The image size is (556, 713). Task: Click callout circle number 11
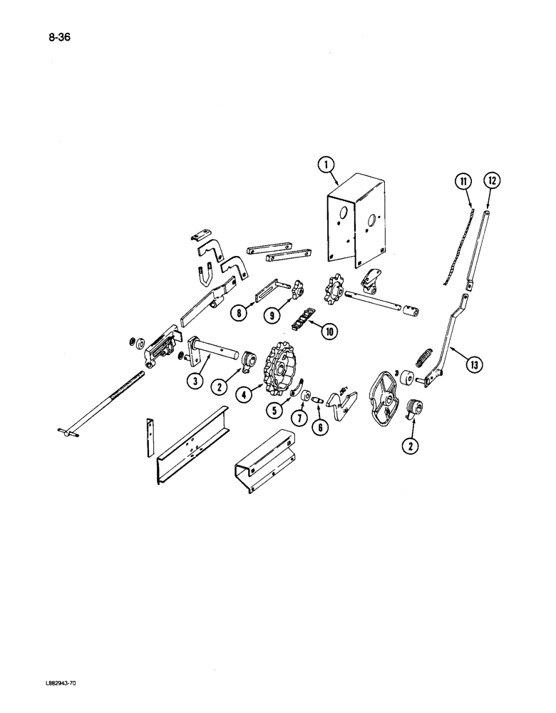point(464,183)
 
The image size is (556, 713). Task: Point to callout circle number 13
point(473,365)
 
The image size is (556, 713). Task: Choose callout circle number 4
point(244,393)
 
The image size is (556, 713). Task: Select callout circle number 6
point(316,423)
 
